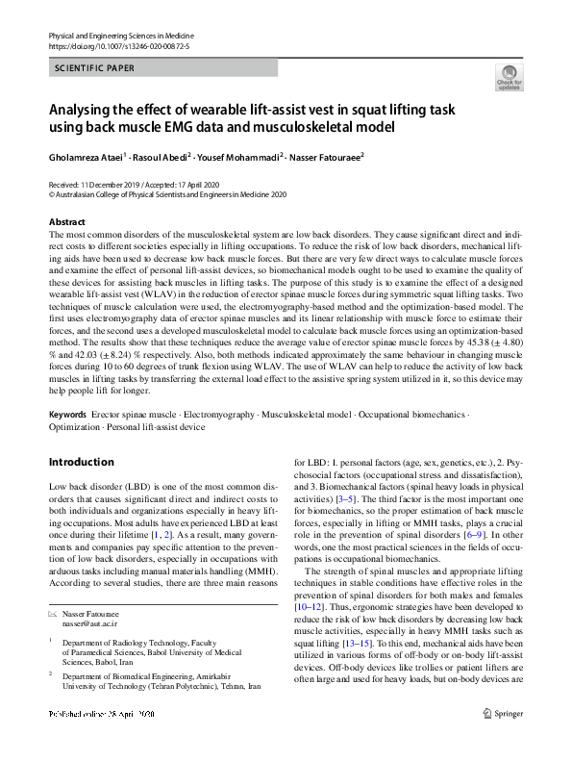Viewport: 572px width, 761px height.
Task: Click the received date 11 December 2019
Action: coord(113,183)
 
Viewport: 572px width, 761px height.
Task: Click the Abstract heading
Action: coord(66,221)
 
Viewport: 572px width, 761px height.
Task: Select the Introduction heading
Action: coord(82,461)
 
